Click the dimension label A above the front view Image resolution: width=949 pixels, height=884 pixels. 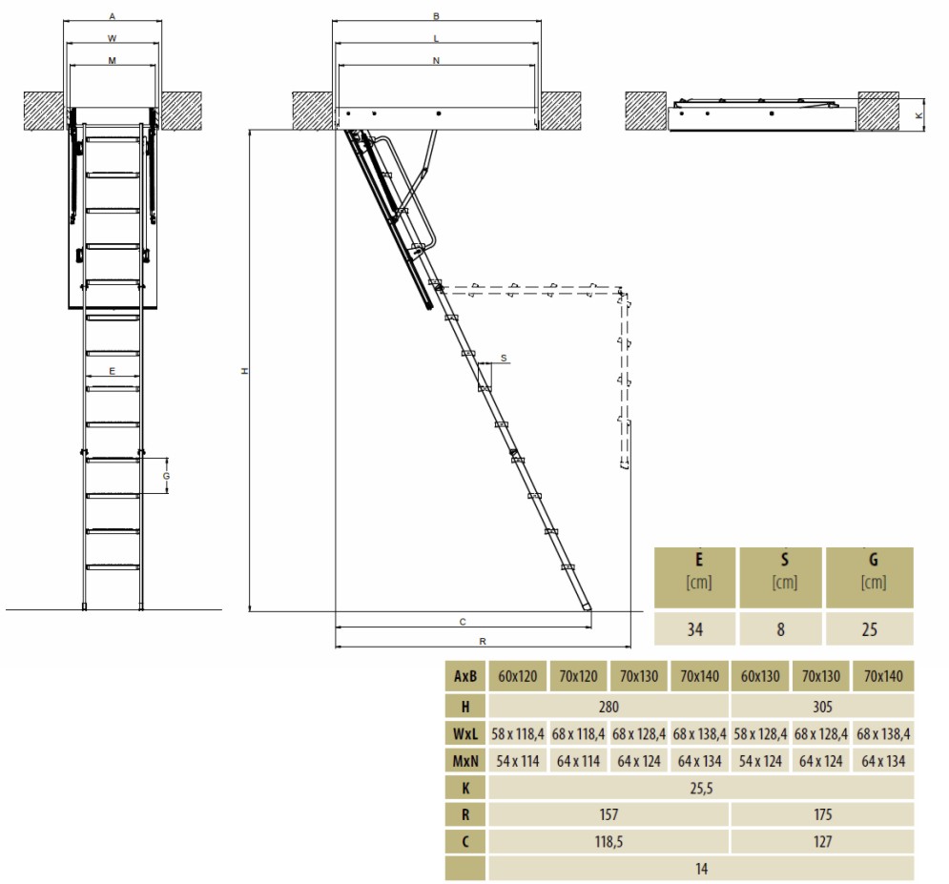click(112, 17)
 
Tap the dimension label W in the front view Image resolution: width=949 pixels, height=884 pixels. click(112, 39)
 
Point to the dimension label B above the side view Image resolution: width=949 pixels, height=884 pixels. click(437, 17)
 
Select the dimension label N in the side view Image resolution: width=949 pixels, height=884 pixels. click(437, 60)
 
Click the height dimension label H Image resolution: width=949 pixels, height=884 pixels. click(244, 370)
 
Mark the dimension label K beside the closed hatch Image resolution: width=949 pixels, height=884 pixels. click(918, 114)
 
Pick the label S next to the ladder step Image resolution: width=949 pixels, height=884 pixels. click(504, 359)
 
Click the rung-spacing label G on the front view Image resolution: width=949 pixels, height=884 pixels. click(167, 476)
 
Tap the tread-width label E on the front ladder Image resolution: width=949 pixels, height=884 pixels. click(112, 371)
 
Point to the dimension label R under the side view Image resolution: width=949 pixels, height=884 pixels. click(483, 642)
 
